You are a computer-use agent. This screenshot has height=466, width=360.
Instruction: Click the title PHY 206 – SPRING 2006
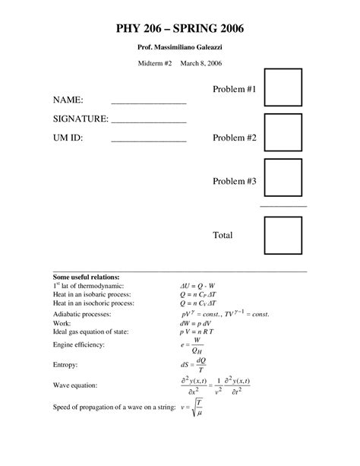point(180,30)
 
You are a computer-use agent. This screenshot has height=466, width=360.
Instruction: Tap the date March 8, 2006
point(201,65)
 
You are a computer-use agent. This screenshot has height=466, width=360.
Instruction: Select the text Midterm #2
point(154,65)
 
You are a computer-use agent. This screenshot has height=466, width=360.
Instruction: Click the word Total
point(223,235)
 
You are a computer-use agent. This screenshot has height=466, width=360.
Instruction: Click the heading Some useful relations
point(87,277)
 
